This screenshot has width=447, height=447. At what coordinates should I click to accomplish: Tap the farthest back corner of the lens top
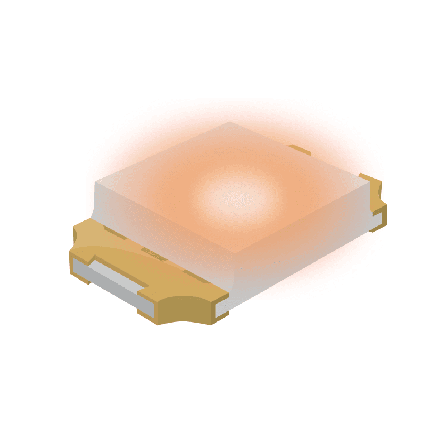click(230, 122)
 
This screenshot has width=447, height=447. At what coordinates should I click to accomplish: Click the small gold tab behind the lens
click(299, 150)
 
